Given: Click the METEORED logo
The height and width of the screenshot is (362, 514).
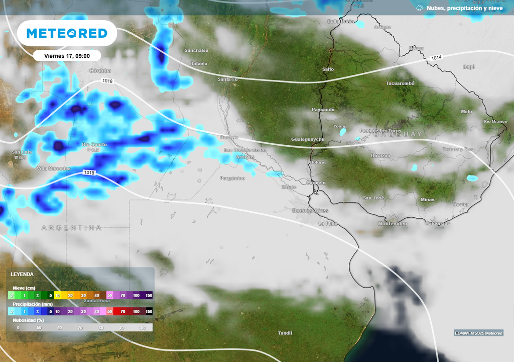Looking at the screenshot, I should [67, 33].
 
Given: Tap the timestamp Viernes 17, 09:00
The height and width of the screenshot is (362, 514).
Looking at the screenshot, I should [67, 56].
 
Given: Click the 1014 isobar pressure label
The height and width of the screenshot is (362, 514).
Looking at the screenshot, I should [436, 59].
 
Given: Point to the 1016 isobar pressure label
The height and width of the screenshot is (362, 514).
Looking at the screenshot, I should [107, 81].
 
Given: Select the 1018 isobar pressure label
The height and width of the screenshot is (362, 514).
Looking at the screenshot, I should [89, 173].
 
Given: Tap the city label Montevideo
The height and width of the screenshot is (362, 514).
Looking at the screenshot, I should [393, 223].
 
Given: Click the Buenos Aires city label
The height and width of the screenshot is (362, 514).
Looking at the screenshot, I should [310, 211].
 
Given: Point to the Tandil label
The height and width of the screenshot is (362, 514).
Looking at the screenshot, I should [285, 333].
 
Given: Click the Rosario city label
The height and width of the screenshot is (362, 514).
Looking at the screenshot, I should [229, 137].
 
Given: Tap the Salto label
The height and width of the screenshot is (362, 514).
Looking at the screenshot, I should [328, 69].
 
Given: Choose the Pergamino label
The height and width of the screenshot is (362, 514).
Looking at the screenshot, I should [232, 178].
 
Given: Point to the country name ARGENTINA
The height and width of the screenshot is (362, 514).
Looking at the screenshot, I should [71, 228].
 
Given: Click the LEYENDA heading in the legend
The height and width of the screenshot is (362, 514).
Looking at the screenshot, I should [22, 274].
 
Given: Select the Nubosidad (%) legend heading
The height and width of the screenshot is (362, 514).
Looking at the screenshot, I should [28, 320].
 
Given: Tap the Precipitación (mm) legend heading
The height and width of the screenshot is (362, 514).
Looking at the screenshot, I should [32, 304].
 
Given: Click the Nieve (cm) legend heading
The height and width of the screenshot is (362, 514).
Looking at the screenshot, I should [24, 288].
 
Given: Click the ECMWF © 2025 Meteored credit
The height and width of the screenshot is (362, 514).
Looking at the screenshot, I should [478, 333].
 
